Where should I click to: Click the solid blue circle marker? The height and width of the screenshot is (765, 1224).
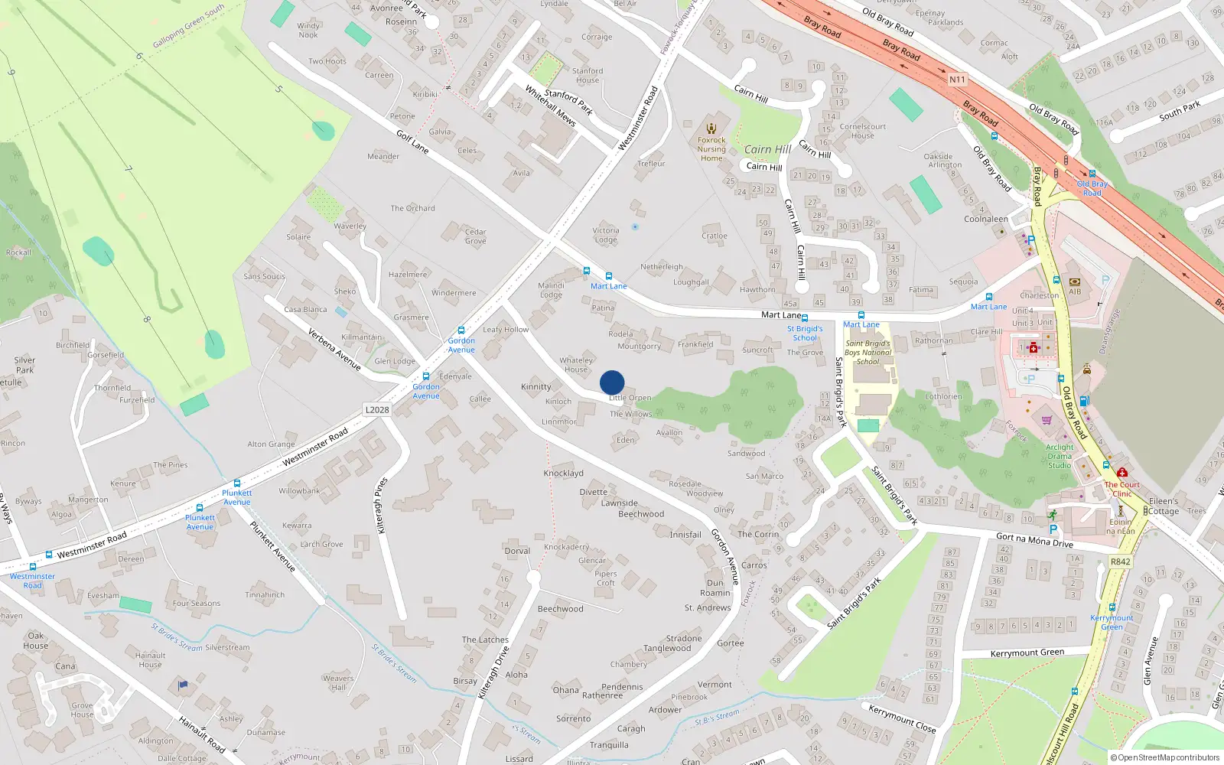[612, 382]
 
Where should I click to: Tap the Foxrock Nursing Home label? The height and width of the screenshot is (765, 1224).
[711, 148]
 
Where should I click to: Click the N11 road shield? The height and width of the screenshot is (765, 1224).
[957, 80]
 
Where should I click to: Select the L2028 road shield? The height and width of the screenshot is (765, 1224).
[377, 410]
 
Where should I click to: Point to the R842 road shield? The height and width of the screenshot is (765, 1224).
[1120, 562]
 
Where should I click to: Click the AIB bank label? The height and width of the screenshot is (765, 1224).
[1075, 291]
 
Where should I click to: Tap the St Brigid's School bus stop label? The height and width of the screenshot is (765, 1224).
[805, 334]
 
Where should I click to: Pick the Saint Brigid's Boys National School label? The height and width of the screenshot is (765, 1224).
[868, 353]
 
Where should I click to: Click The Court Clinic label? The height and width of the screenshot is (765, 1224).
[1122, 489]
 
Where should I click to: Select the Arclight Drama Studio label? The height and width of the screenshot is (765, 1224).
[1060, 456]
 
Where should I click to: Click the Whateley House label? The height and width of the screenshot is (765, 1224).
[576, 365]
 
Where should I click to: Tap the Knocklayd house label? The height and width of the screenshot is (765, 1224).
[563, 474]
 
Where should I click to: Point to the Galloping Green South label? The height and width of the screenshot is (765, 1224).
[188, 26]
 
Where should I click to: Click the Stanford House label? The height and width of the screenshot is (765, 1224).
[588, 75]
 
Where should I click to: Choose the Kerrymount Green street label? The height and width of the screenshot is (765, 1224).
[1027, 653]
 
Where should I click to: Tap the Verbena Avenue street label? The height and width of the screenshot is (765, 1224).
[334, 350]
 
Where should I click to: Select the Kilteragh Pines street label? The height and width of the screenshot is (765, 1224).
[382, 505]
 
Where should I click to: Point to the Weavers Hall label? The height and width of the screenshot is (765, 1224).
[338, 682]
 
